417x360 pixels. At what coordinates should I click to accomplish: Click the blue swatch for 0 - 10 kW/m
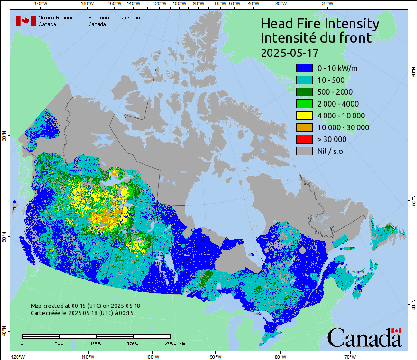click(304, 68)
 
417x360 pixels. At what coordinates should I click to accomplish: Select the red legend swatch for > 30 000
click(304, 139)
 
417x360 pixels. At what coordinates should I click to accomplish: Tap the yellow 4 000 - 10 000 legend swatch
click(304, 116)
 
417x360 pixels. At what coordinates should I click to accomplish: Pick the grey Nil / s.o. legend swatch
click(304, 151)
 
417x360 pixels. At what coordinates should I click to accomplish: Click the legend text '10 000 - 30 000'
click(343, 127)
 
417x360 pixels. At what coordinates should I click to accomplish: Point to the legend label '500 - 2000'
click(335, 92)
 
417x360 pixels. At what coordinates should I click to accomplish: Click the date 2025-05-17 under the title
click(290, 52)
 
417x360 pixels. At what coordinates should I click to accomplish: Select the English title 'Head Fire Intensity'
click(320, 24)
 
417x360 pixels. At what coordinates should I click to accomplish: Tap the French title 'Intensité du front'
click(317, 38)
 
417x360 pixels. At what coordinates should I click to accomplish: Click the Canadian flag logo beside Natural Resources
click(26, 21)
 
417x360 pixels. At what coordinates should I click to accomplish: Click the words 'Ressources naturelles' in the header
click(114, 18)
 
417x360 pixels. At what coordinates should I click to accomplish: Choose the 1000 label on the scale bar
click(96, 343)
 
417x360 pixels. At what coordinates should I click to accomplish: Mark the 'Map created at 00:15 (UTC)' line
click(85, 306)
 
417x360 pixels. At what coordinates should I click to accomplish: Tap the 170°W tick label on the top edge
click(41, 4)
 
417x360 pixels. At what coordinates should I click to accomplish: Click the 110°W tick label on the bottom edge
click(87, 356)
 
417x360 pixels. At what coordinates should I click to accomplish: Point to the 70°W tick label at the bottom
click(350, 356)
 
